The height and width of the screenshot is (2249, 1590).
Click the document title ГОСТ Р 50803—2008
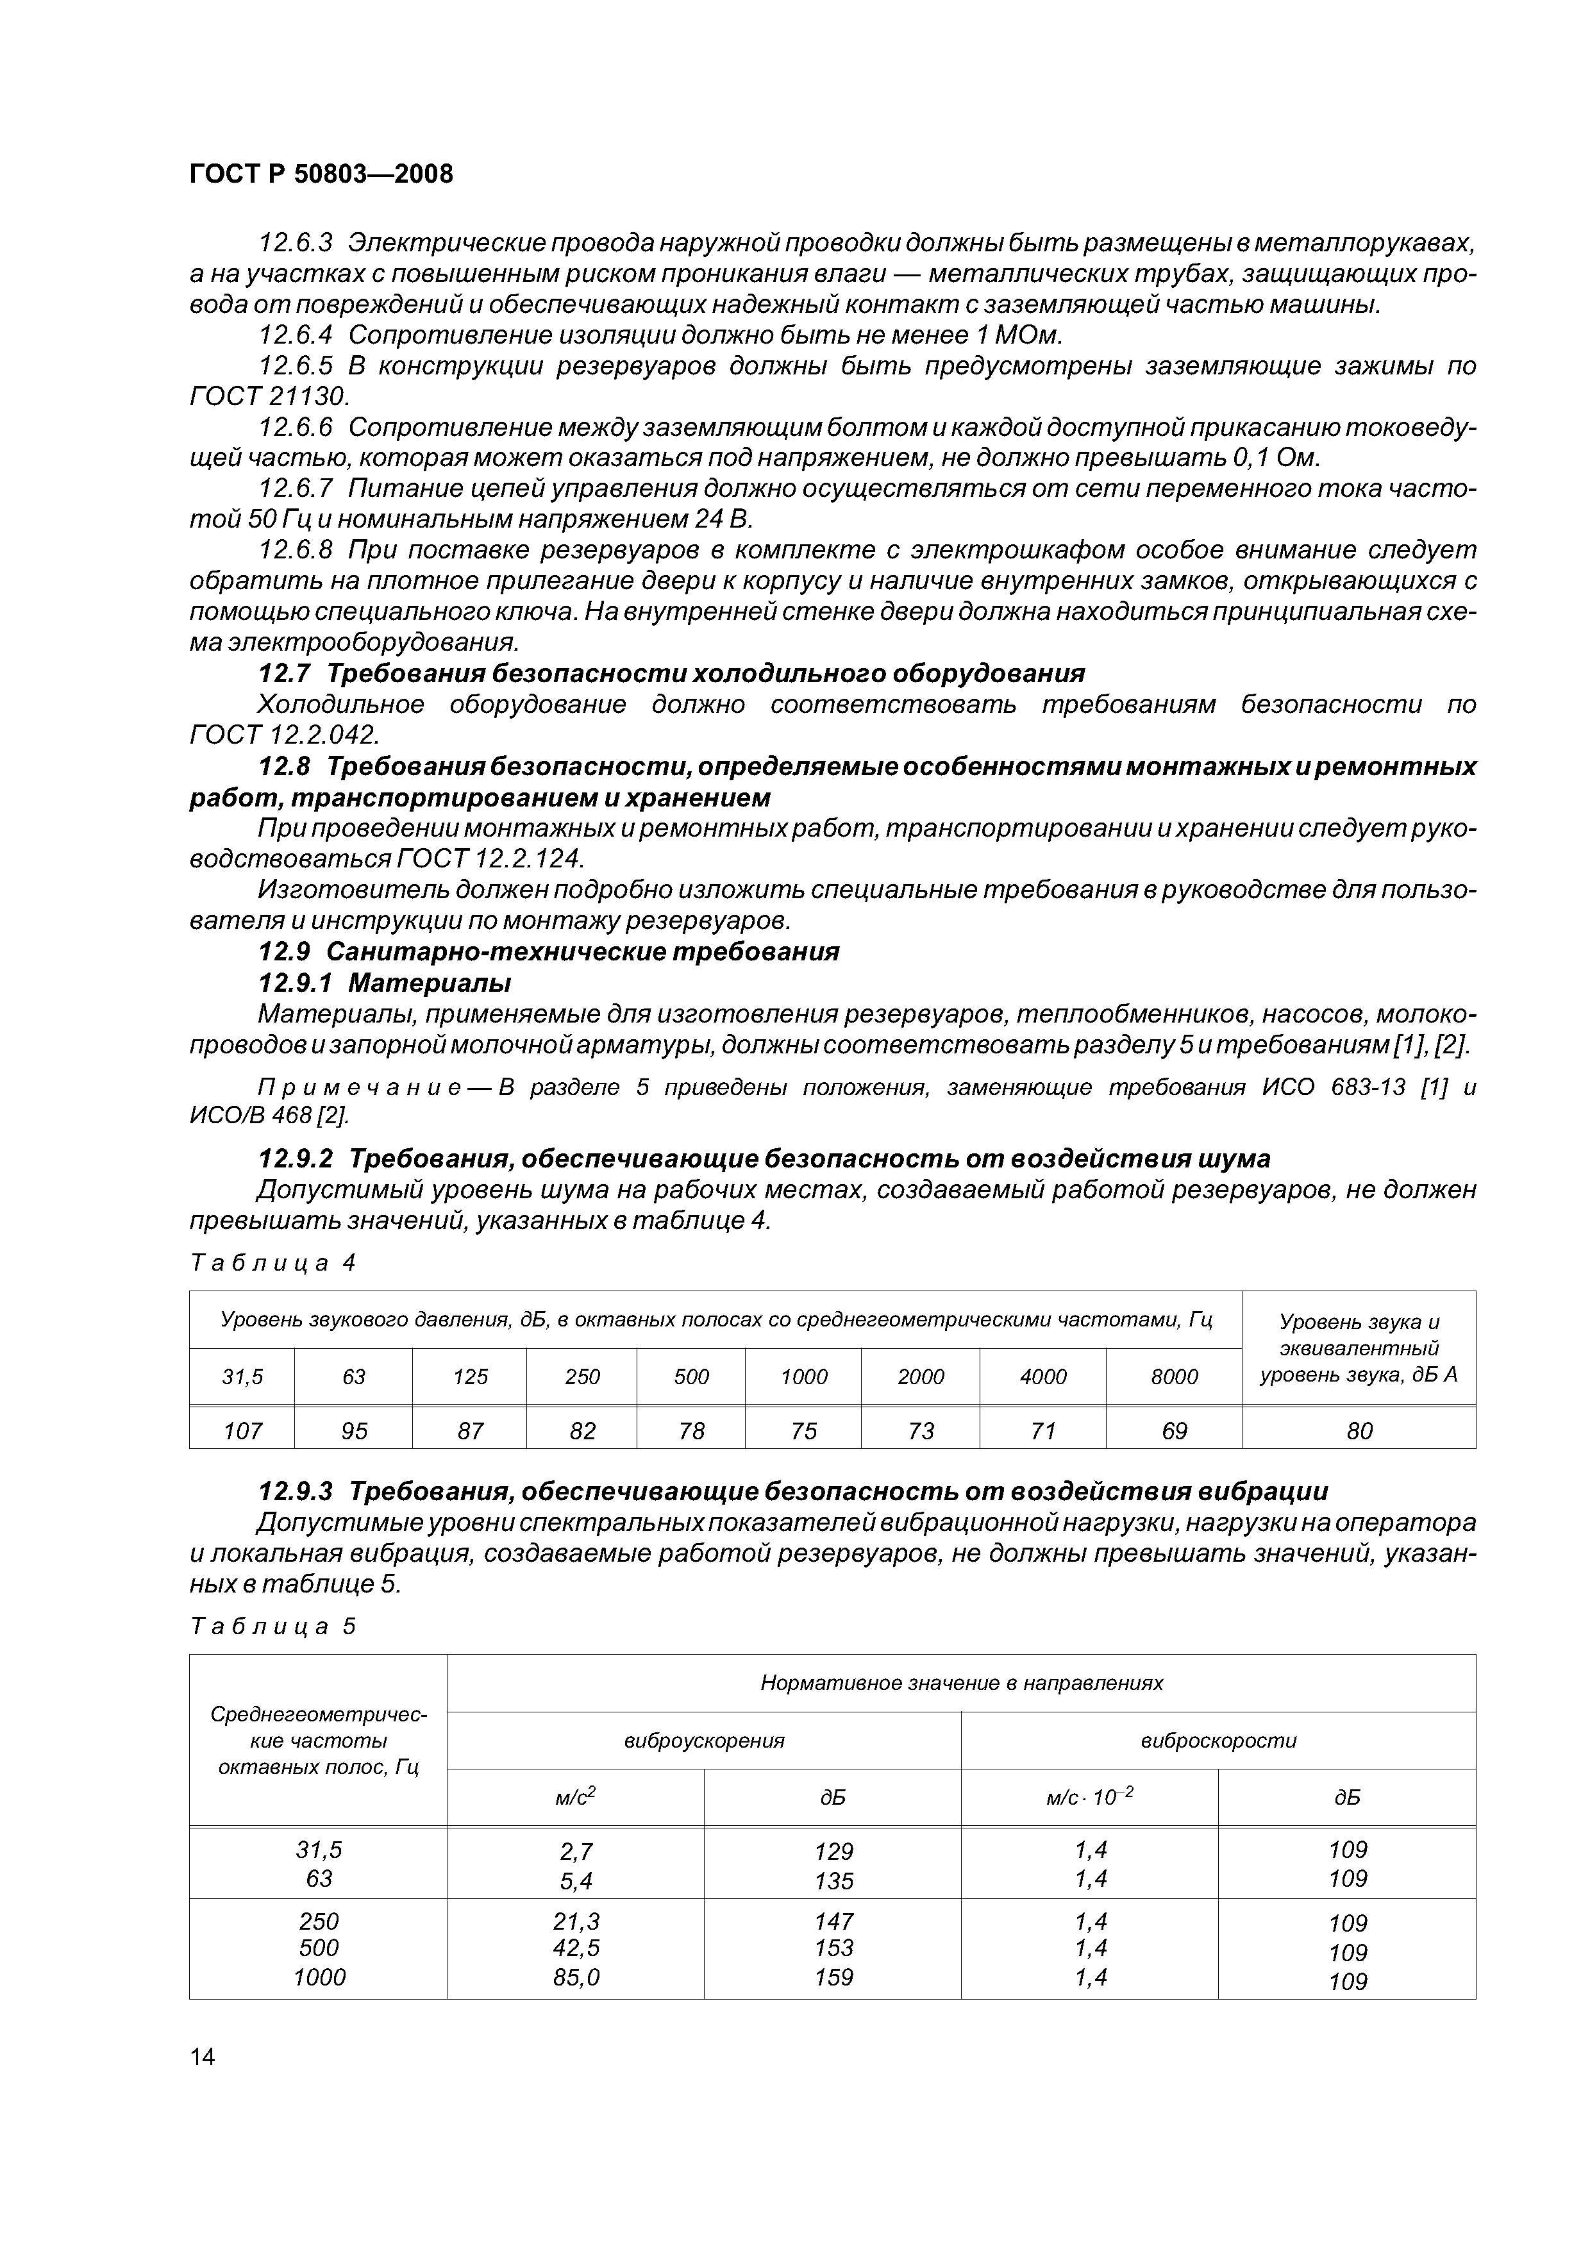(x=321, y=174)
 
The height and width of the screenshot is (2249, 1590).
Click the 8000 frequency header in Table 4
(x=1174, y=1376)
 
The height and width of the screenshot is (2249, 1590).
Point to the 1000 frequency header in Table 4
(x=803, y=1376)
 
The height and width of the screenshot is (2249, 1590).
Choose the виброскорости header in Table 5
(x=1218, y=1741)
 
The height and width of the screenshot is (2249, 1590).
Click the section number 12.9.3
(x=295, y=1492)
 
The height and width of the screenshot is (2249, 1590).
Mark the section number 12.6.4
(x=295, y=335)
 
